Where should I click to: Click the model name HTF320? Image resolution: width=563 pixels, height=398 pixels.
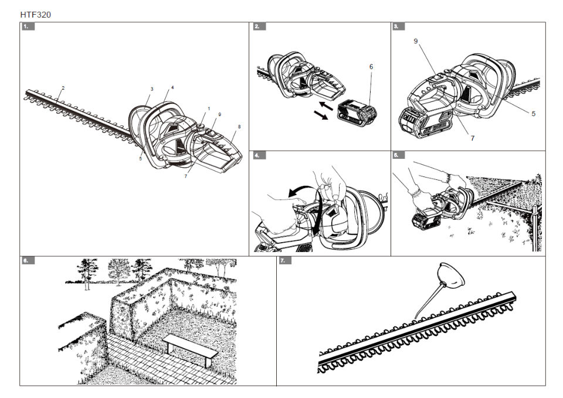coord(35,14)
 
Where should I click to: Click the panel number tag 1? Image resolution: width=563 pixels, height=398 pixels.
coord(26,27)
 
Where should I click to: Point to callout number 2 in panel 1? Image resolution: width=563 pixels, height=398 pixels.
coord(63,88)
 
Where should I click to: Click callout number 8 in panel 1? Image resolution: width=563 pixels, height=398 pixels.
coord(239,127)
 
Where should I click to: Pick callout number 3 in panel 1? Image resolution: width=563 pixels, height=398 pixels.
coord(151,89)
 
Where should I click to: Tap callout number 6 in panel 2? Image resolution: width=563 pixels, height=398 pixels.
coord(371,67)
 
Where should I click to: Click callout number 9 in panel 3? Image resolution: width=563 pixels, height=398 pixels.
coord(415,41)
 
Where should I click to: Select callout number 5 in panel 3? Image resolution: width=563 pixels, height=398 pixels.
coord(533,113)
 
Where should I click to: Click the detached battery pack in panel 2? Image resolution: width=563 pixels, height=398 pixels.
coord(357,112)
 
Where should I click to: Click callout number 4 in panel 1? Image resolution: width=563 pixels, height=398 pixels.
coord(172,87)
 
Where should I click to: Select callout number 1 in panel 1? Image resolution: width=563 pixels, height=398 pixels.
coord(208,109)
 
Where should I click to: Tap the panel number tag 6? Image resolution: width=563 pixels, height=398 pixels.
coord(26,260)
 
